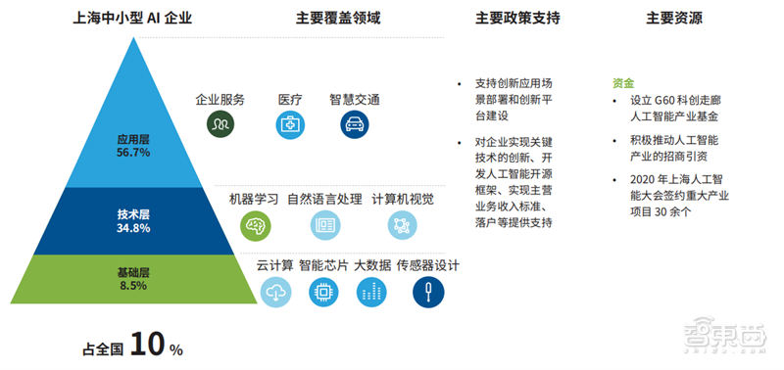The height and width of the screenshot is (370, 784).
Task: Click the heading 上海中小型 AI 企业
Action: point(132,18)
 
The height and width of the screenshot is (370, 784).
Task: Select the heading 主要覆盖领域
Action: point(338,18)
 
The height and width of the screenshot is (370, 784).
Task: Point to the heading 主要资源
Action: point(673,18)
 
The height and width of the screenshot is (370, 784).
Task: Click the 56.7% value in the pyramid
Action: point(133,153)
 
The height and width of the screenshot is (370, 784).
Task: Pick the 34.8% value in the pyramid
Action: point(133,228)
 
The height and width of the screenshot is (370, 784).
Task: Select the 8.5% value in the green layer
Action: point(133,286)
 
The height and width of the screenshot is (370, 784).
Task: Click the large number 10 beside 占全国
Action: point(146,345)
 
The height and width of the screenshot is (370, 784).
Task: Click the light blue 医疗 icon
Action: point(290,124)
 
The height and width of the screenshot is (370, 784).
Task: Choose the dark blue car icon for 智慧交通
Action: point(355,124)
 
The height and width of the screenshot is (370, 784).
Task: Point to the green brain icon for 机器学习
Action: point(255,225)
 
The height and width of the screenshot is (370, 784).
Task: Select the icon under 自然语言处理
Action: point(324,225)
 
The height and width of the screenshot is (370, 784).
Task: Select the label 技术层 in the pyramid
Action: point(133,213)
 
